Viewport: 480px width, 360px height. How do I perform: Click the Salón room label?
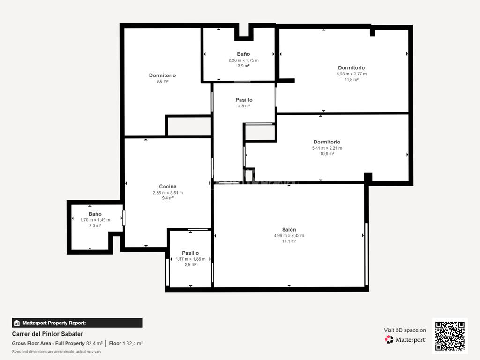pyautogui.click(x=289, y=230)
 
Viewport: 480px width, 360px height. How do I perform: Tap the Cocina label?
pyautogui.click(x=168, y=187)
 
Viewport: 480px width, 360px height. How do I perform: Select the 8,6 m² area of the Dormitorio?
pyautogui.click(x=163, y=82)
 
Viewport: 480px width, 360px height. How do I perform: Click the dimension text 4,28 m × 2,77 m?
pyautogui.click(x=352, y=74)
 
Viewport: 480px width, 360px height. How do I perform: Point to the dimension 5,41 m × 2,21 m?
pyautogui.click(x=327, y=148)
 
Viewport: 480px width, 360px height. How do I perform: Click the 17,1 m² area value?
pyautogui.click(x=289, y=241)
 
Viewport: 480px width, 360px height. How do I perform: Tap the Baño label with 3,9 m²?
pyautogui.click(x=243, y=54)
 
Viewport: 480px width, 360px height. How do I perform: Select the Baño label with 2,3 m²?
pyautogui.click(x=95, y=214)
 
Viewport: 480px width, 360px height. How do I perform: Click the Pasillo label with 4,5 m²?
pyautogui.click(x=244, y=100)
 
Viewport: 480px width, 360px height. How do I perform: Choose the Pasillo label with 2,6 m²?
pyautogui.click(x=190, y=253)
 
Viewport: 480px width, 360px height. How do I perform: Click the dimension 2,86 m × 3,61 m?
pyautogui.click(x=168, y=193)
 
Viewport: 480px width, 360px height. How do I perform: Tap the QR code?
pyautogui.click(x=450, y=336)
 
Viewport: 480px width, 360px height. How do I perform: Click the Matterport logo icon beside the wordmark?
pyautogui.click(x=389, y=339)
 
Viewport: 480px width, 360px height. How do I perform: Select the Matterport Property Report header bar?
pyautogui.click(x=77, y=323)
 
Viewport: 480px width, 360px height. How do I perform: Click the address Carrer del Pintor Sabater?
pyautogui.click(x=47, y=334)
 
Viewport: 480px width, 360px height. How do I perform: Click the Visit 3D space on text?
pyautogui.click(x=405, y=330)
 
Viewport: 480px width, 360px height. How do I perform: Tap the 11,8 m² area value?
pyautogui.click(x=352, y=80)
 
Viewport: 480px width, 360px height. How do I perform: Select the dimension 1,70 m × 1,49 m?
pyautogui.click(x=95, y=220)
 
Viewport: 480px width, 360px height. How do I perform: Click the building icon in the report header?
pyautogui.click(x=17, y=323)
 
